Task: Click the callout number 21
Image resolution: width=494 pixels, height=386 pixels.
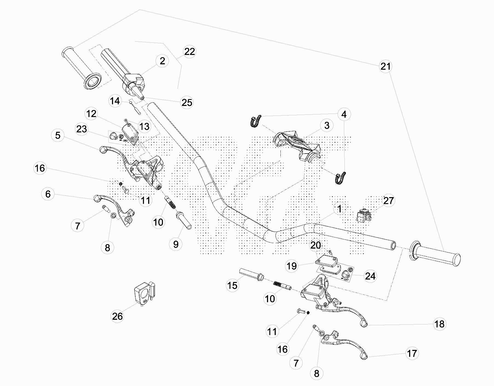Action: click(x=386, y=66)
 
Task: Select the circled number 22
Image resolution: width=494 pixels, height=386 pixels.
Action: click(x=189, y=52)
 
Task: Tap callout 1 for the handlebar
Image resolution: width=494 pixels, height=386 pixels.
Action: click(x=340, y=209)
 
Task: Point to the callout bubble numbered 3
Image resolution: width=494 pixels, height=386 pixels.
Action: click(x=327, y=125)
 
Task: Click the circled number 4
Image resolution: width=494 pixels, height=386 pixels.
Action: click(x=344, y=114)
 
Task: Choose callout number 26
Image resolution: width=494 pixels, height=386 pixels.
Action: click(x=117, y=316)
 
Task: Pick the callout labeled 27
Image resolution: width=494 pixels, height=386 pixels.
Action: click(x=388, y=201)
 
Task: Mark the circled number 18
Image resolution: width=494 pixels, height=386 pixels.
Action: click(x=439, y=324)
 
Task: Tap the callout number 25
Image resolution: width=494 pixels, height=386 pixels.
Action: click(x=187, y=102)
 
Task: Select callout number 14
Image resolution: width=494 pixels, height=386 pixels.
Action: click(x=115, y=101)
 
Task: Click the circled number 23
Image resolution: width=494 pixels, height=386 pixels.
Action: click(x=81, y=129)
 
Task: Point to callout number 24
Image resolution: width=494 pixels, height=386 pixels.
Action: click(x=370, y=276)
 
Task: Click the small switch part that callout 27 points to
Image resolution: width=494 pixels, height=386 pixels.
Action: click(x=364, y=215)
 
